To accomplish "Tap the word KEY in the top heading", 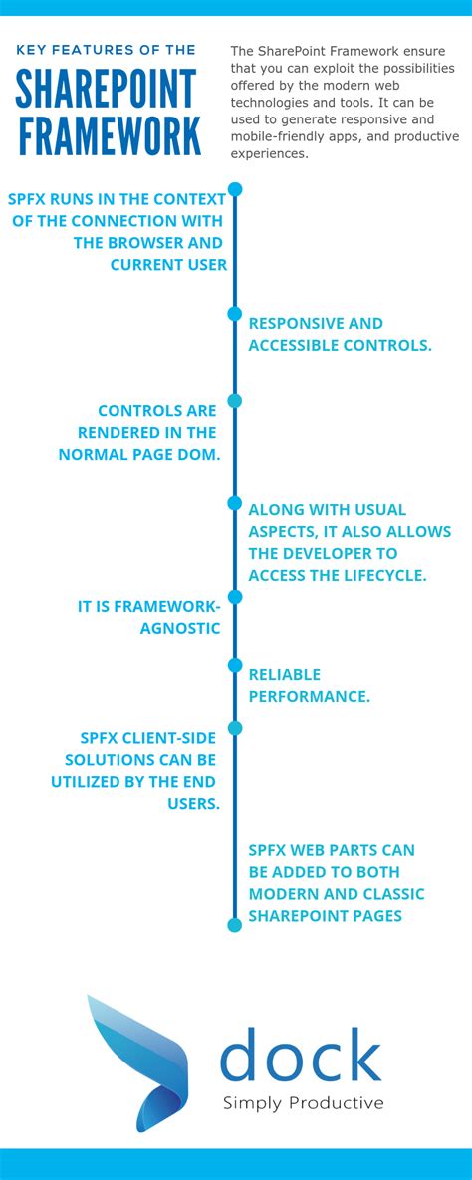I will coord(32,49).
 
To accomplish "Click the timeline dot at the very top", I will coord(235,188).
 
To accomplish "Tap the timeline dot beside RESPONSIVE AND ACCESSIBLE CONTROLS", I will coord(235,314).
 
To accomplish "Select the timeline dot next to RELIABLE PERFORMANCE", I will coord(235,665).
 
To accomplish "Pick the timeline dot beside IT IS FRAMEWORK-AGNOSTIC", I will coord(235,597).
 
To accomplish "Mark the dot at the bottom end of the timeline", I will coord(235,925).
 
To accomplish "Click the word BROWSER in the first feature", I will coord(157,242).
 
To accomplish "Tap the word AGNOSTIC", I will coord(180,628).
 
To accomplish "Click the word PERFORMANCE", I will coord(309,696).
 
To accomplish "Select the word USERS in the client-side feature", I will coord(193,803).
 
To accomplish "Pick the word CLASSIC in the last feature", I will coord(389,893).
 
